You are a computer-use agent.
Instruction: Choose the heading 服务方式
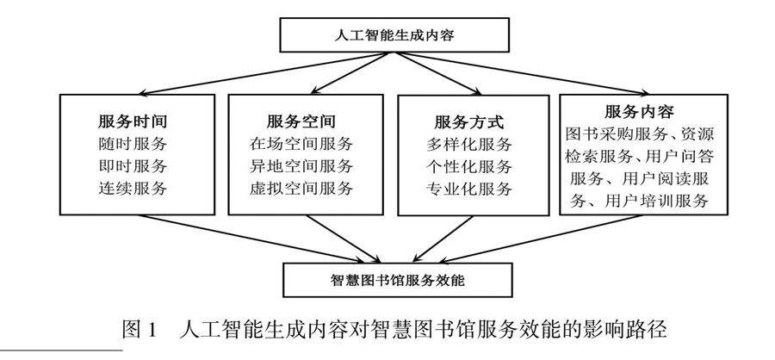coord(469,120)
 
